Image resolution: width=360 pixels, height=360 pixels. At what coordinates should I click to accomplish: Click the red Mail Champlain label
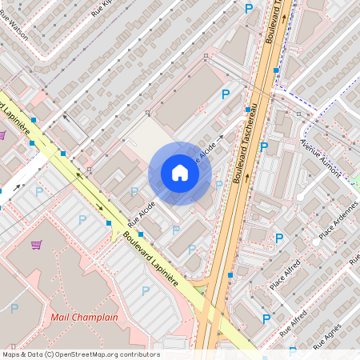pos(84,317)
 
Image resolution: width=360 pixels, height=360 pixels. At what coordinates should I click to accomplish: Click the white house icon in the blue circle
pos(180,173)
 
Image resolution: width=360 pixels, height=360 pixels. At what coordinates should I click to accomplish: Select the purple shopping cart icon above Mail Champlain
pos(35,244)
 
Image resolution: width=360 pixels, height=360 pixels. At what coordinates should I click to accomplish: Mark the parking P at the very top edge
pos(249,8)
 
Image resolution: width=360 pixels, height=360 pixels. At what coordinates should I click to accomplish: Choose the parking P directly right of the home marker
pos(218,185)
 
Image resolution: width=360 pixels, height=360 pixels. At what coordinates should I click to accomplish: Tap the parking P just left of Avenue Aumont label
pos(263,146)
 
